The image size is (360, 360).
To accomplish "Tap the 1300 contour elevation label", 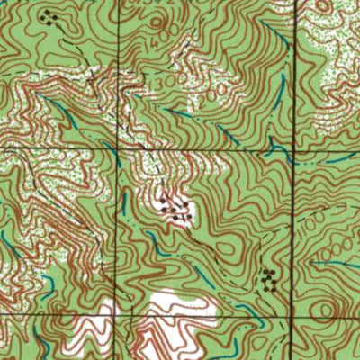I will (x=164, y=83).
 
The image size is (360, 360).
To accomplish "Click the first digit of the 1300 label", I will (x=156, y=84).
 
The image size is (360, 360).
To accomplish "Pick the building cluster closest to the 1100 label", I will (x=267, y=278).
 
